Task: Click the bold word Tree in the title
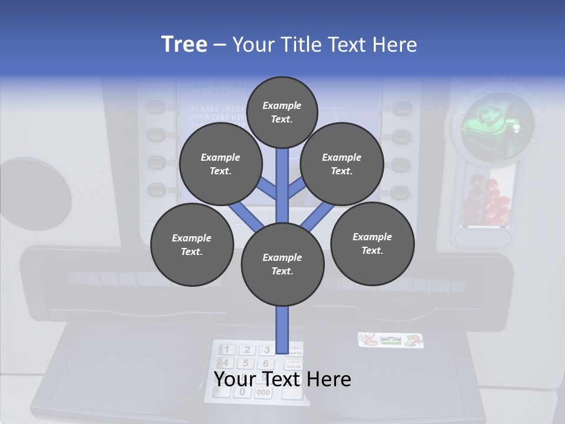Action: click(184, 44)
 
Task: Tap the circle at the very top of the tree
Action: click(282, 112)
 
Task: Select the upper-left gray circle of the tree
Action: click(220, 164)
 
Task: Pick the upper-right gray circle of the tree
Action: click(341, 164)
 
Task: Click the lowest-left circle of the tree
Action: click(192, 244)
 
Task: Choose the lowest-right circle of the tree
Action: click(372, 243)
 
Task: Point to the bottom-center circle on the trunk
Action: click(282, 264)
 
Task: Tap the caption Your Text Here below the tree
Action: click(282, 379)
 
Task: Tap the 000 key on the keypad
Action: click(263, 393)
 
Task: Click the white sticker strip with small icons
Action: click(391, 340)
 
